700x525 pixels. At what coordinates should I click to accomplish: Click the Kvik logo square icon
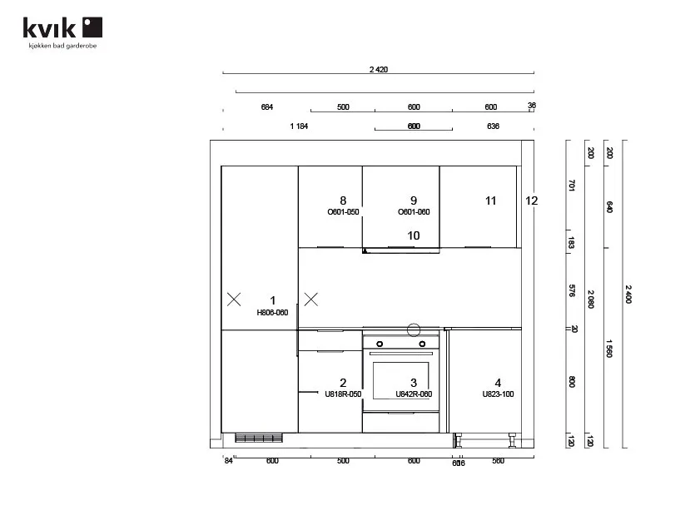pyautogui.click(x=92, y=27)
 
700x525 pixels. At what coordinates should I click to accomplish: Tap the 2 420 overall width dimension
pyautogui.click(x=378, y=70)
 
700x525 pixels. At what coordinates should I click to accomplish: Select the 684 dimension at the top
pyautogui.click(x=267, y=106)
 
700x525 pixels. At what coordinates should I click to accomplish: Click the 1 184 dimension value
pyautogui.click(x=300, y=126)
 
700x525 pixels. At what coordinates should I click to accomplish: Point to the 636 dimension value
pyautogui.click(x=493, y=126)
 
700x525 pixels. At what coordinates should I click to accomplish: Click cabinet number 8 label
pyautogui.click(x=343, y=201)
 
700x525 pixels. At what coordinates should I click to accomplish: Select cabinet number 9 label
pyautogui.click(x=414, y=201)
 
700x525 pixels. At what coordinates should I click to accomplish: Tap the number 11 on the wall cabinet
pyautogui.click(x=491, y=201)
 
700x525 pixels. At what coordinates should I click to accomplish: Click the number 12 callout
pyautogui.click(x=532, y=201)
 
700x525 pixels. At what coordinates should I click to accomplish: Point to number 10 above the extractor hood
pyautogui.click(x=414, y=235)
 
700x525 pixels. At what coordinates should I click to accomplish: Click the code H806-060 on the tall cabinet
pyautogui.click(x=272, y=313)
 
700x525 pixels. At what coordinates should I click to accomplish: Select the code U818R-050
pyautogui.click(x=343, y=394)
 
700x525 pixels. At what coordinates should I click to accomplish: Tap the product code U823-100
pyautogui.click(x=498, y=394)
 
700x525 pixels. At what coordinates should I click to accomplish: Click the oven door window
pyautogui.click(x=400, y=379)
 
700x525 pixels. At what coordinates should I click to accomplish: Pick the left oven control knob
pyautogui.click(x=380, y=343)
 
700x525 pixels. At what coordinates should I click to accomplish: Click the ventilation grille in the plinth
pyautogui.click(x=259, y=438)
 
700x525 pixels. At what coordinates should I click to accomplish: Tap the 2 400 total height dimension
pyautogui.click(x=628, y=294)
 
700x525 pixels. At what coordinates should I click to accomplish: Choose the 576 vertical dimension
pyautogui.click(x=572, y=290)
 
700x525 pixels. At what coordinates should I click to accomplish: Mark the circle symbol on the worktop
pyautogui.click(x=414, y=329)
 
